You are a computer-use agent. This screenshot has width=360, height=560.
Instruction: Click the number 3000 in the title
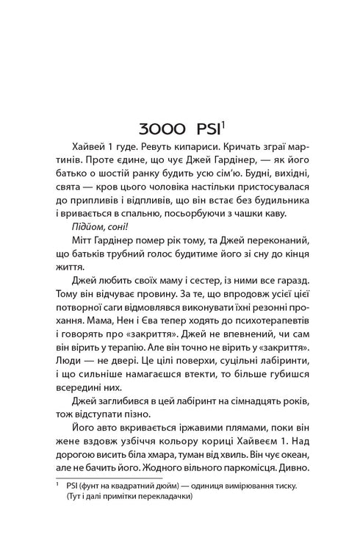(153, 126)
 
